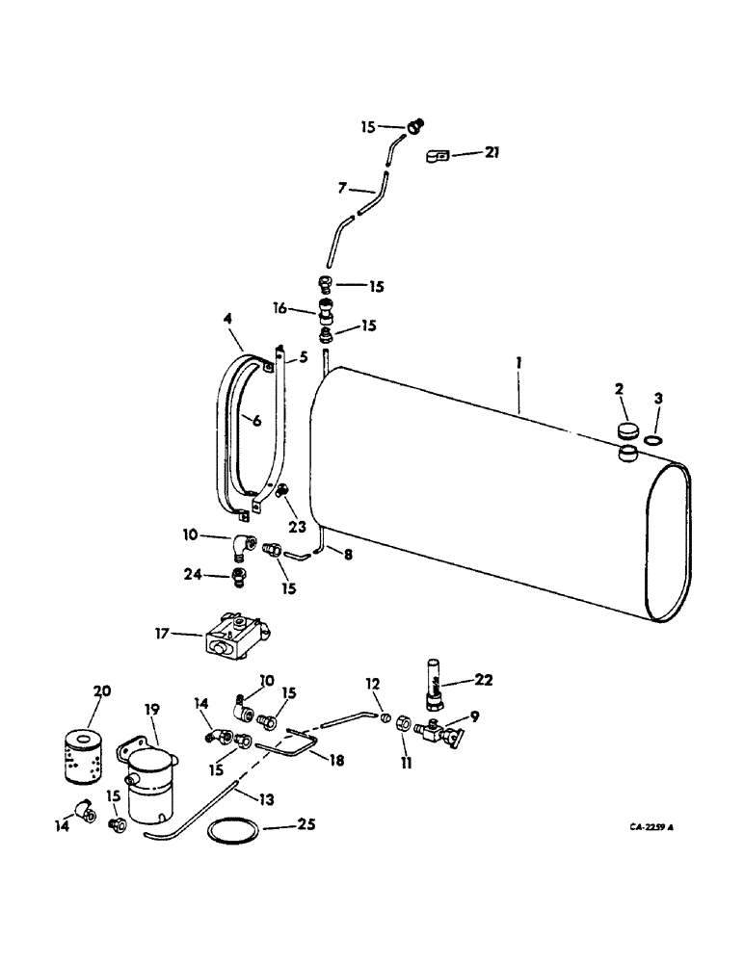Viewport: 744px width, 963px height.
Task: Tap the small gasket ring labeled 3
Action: click(x=652, y=441)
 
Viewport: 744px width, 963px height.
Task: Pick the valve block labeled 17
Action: click(x=235, y=638)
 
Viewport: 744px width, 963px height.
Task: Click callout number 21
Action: click(x=493, y=152)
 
